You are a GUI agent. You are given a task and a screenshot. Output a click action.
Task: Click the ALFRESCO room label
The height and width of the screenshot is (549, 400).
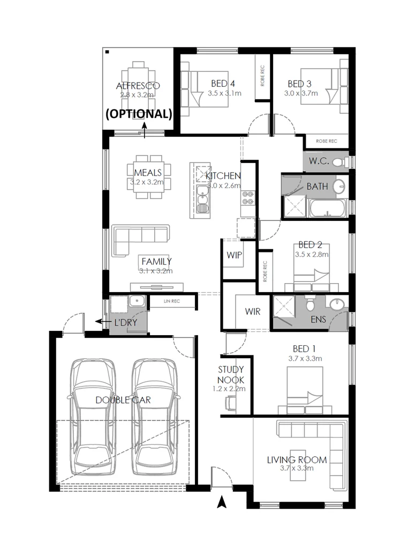pyautogui.click(x=138, y=86)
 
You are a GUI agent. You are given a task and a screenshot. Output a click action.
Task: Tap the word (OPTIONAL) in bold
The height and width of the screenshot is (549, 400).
pyautogui.click(x=138, y=114)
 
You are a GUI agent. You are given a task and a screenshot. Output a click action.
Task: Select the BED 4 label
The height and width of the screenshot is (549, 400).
pyautogui.click(x=223, y=83)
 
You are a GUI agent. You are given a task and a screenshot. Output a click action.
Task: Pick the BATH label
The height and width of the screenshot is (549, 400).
pyautogui.click(x=318, y=187)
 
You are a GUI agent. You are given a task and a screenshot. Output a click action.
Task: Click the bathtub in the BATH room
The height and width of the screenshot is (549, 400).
pyautogui.click(x=326, y=208)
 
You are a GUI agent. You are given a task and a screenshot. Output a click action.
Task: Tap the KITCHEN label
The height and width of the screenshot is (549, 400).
pyautogui.click(x=223, y=176)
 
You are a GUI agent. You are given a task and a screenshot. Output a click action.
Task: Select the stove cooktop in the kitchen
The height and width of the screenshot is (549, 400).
pyautogui.click(x=248, y=198)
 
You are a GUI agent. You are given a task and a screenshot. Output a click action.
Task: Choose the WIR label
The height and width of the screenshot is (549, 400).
pyautogui.click(x=252, y=311)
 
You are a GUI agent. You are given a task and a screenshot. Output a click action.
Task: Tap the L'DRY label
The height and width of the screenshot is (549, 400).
pyautogui.click(x=126, y=323)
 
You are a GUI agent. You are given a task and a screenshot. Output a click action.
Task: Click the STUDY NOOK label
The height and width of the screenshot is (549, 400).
pyautogui.click(x=231, y=374)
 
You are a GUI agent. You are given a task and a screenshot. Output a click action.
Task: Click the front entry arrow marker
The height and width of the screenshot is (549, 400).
pyautogui.click(x=221, y=502)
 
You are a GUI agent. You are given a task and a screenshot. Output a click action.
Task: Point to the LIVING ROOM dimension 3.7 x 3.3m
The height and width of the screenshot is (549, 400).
pyautogui.click(x=297, y=468)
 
